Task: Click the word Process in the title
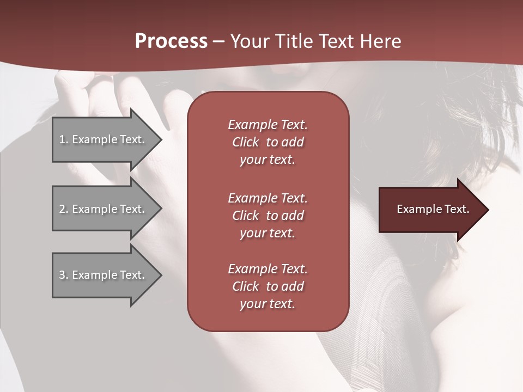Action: click(171, 41)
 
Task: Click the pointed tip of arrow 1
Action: click(160, 139)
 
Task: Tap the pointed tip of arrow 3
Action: click(160, 275)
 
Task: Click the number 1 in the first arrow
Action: click(62, 139)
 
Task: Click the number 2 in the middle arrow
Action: click(62, 209)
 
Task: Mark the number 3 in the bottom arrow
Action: click(62, 275)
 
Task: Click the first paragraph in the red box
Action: click(267, 142)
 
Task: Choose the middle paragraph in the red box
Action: click(267, 216)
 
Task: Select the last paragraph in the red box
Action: click(267, 286)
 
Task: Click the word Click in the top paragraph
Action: click(245, 142)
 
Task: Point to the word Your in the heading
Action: click(249, 41)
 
